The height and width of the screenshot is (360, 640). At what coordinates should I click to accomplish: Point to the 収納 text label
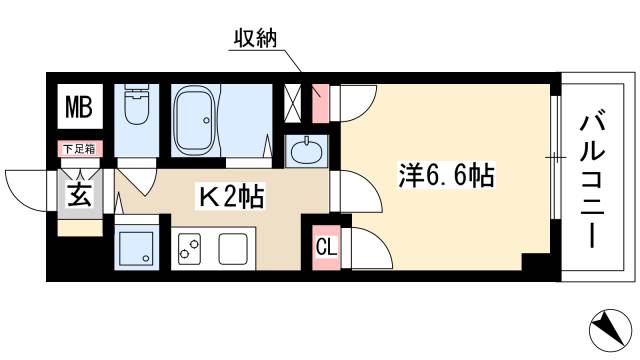pyautogui.click(x=259, y=39)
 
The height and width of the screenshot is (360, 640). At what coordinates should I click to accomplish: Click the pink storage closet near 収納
pyautogui.click(x=320, y=101)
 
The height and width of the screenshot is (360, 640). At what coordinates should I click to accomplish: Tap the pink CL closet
pyautogui.click(x=326, y=246)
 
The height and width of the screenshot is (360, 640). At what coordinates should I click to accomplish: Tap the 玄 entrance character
pyautogui.click(x=77, y=194)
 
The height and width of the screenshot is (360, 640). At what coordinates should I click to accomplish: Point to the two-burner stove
pyautogui.click(x=189, y=248)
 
